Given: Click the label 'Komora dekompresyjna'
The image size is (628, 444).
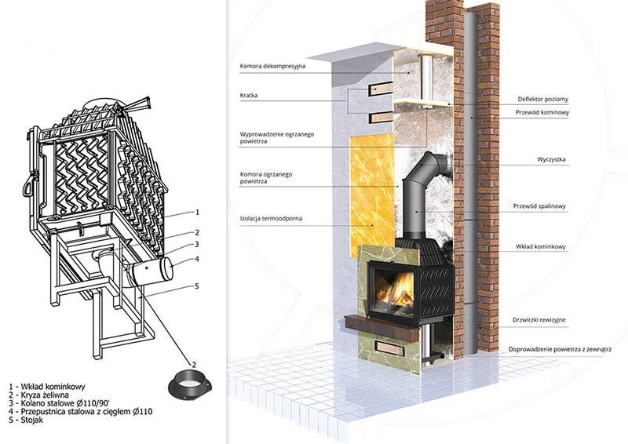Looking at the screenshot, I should (272, 66).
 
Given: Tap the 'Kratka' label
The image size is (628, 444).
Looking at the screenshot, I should (250, 96).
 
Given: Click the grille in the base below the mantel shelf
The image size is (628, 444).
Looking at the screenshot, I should (393, 344).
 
